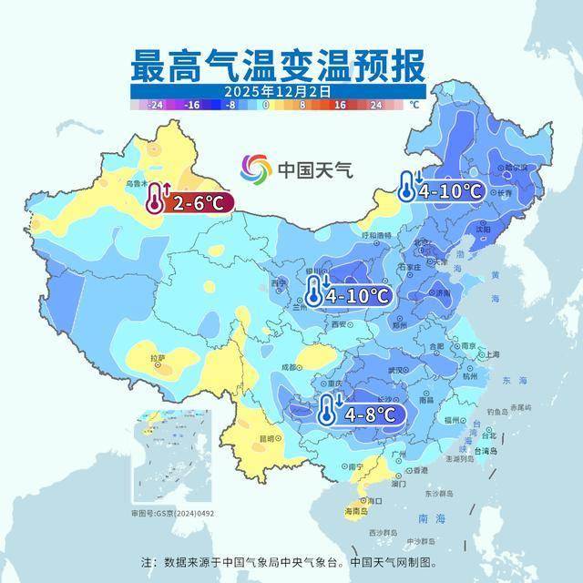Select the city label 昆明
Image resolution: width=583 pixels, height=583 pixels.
tap(267, 438)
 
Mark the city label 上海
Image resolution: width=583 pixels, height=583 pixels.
tap(492, 354)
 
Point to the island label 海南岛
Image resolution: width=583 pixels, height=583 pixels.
tap(355, 513)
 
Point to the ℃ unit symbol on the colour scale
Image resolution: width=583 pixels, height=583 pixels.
tap(415, 106)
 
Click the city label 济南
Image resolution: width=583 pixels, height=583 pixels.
tap(441, 294)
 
